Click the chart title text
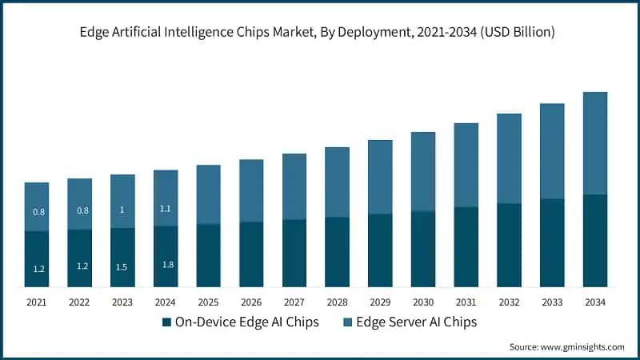(319, 33)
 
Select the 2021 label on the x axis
(37, 302)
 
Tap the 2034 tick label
(594, 302)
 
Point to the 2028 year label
(337, 302)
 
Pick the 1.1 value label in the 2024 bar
(166, 209)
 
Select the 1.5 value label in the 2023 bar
(122, 266)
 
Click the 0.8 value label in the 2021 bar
(38, 212)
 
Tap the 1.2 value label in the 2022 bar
(82, 266)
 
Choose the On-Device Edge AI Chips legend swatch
(166, 322)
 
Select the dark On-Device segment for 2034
(594, 240)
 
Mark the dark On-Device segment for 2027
(294, 253)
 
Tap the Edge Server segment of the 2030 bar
(423, 171)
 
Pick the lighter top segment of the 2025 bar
(208, 194)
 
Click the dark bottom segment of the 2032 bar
(509, 245)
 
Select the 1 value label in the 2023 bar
(122, 210)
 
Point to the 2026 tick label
(251, 302)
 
